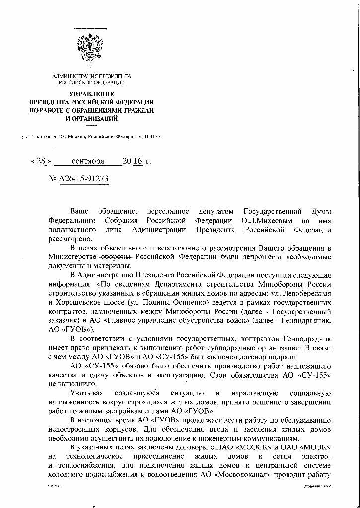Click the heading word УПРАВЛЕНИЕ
point(91,94)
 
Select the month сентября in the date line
point(88,161)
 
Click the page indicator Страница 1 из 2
point(316,500)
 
